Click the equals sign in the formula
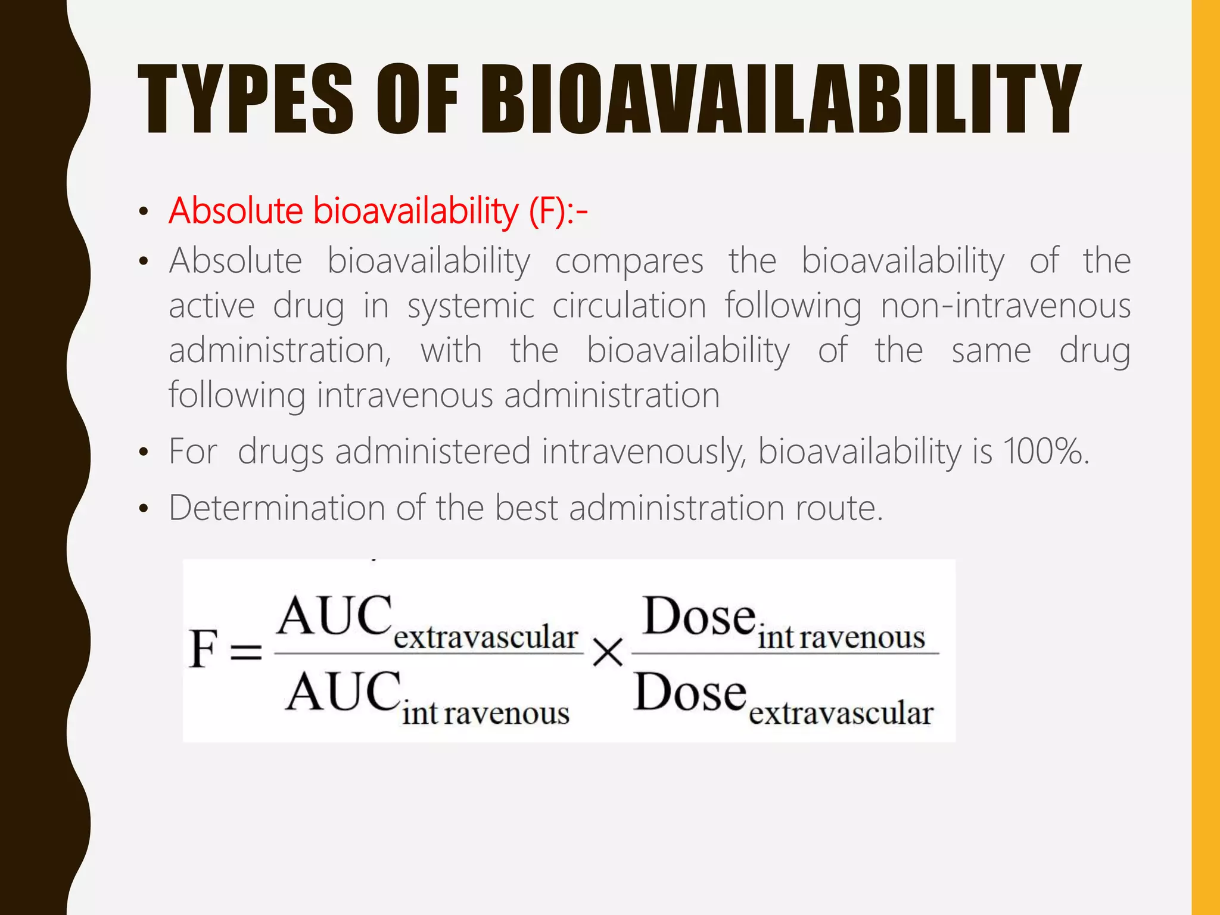click(246, 652)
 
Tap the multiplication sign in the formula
click(608, 653)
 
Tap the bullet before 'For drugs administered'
click(143, 453)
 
